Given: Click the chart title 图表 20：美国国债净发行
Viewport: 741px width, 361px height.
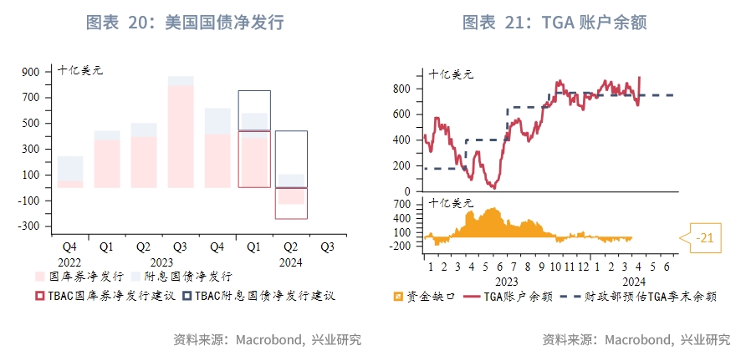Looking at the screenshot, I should click(x=185, y=23).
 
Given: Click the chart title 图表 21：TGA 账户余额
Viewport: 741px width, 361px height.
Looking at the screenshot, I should click(x=555, y=23).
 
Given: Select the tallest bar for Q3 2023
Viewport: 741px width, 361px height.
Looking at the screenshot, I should click(x=180, y=134).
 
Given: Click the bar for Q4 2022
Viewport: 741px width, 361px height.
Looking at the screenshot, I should click(x=70, y=172).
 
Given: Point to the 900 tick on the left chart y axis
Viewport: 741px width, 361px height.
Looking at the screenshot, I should click(x=30, y=72).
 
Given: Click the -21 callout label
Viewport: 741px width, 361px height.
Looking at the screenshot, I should click(x=705, y=239).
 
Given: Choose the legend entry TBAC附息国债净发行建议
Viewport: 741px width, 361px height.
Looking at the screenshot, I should click(x=258, y=295).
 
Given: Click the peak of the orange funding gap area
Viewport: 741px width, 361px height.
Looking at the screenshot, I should click(x=492, y=210).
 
